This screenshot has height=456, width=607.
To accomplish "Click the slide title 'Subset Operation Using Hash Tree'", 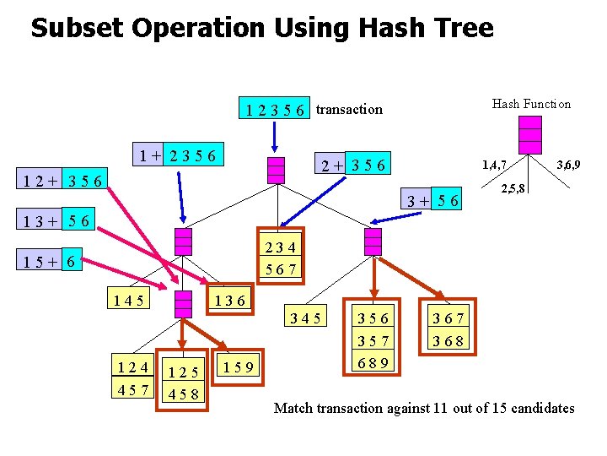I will pyautogui.click(x=261, y=29).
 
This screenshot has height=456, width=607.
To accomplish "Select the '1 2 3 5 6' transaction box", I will pyautogui.click(x=276, y=109).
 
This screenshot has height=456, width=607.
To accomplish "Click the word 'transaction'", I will pyautogui.click(x=349, y=109).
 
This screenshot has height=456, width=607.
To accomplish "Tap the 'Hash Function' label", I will pyautogui.click(x=531, y=104).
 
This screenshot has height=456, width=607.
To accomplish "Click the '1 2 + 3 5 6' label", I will pyautogui.click(x=63, y=180).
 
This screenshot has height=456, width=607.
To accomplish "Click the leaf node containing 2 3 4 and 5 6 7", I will pyautogui.click(x=280, y=258).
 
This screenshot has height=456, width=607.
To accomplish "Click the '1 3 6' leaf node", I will pyautogui.click(x=229, y=300).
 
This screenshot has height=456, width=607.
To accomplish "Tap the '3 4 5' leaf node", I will pyautogui.click(x=304, y=318).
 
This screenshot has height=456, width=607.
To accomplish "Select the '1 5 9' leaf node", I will pyautogui.click(x=239, y=366).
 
